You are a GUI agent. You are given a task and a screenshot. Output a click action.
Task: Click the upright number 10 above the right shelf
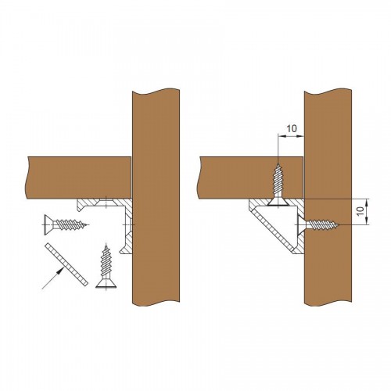pyautogui.click(x=292, y=128)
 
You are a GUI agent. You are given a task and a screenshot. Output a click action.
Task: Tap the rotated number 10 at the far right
pyautogui.click(x=361, y=211)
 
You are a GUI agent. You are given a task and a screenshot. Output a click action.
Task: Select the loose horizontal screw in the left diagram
pyautogui.click(x=66, y=224)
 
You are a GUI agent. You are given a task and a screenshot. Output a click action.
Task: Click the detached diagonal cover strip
pyautogui.click(x=66, y=264)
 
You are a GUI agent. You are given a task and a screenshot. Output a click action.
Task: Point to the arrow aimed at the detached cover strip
pyautogui.click(x=53, y=278)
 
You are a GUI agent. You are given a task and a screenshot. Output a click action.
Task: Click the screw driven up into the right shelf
pyautogui.click(x=278, y=185)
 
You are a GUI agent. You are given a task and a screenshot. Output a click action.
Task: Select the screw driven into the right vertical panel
pyautogui.click(x=318, y=224)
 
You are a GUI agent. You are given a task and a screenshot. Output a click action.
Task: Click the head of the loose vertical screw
pyautogui.click(x=106, y=284)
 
